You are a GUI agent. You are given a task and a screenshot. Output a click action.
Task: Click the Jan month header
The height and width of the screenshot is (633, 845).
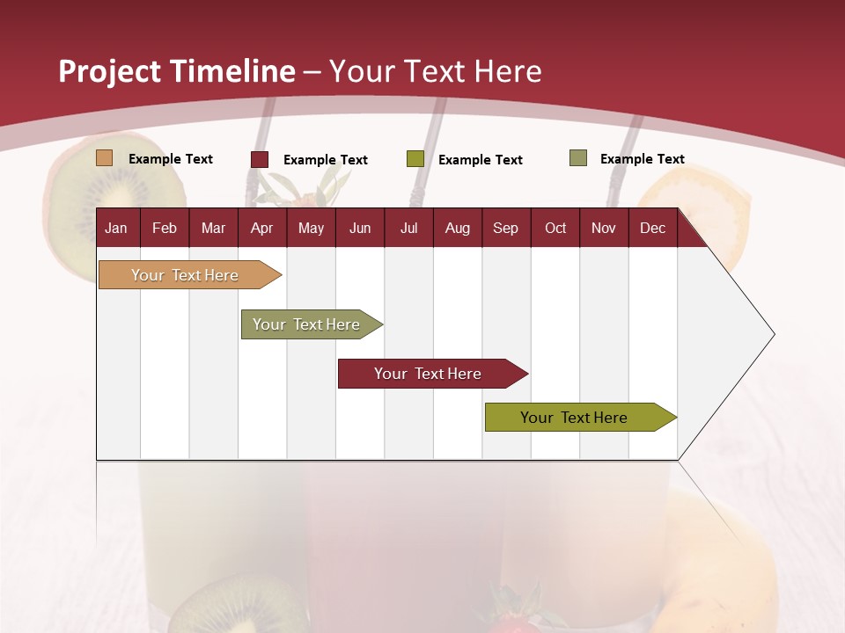pos(117,229)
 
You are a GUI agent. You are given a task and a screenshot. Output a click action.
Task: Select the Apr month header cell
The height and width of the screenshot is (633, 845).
pos(262,229)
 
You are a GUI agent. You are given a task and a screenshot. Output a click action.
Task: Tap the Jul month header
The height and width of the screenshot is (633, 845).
pos(408,229)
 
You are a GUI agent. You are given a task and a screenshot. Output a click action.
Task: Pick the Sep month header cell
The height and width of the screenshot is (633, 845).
pos(505,229)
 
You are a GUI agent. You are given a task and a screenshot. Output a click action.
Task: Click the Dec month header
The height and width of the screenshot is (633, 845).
pos(652,229)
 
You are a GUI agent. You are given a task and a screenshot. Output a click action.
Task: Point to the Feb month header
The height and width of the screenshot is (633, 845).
pos(165,229)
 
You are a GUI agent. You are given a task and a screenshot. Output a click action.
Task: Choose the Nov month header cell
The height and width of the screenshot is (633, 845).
pos(604,229)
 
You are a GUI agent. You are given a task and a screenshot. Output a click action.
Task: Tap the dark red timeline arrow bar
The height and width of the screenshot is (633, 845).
pos(429,374)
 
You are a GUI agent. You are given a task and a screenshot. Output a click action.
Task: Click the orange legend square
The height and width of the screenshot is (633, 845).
pos(104,158)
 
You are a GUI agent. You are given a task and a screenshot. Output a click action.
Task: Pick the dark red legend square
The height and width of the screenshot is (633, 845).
pos(260,159)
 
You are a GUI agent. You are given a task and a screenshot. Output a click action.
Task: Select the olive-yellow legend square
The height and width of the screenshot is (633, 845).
pos(415,159)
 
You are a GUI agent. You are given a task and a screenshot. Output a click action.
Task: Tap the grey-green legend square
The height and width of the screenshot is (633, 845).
pos(578,158)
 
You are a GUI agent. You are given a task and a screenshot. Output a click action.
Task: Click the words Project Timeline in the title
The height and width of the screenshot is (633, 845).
pos(176,71)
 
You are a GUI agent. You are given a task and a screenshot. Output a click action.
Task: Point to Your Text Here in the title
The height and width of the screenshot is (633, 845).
pos(435,71)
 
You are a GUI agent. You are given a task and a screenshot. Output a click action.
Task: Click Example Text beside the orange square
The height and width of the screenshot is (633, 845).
pos(171,159)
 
